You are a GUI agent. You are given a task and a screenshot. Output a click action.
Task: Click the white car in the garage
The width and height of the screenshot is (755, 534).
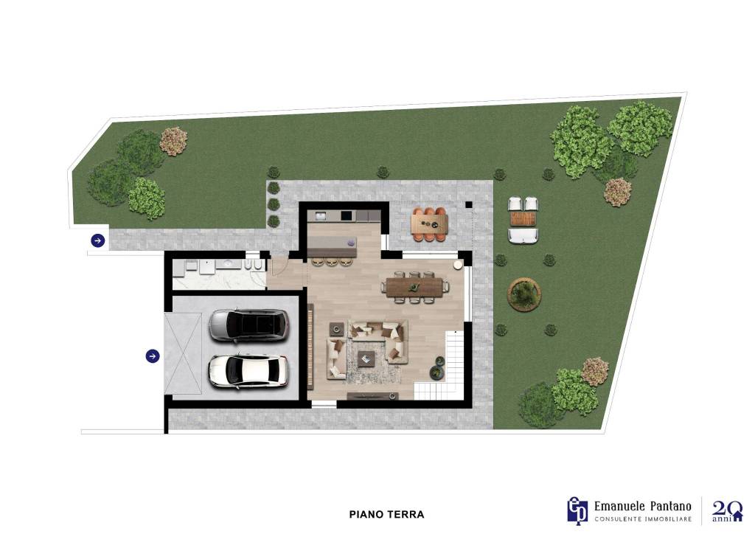click(248, 371)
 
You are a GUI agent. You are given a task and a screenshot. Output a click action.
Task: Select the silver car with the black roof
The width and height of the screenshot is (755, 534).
click(249, 325)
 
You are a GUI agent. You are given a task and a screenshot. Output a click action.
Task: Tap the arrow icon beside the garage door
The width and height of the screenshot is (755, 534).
click(153, 356)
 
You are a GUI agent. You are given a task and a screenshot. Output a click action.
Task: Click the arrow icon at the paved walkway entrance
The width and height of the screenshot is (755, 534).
click(98, 240)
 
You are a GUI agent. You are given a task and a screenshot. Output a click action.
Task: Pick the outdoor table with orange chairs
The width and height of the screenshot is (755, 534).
click(430, 224)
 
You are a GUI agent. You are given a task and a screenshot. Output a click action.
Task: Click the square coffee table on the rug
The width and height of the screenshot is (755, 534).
click(366, 358)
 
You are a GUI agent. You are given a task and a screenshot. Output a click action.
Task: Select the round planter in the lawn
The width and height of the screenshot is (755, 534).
click(525, 294)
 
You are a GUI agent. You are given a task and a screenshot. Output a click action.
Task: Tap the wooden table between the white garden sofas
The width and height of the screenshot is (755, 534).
click(523, 219)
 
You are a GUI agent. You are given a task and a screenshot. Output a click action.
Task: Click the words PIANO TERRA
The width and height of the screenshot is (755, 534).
click(386, 514)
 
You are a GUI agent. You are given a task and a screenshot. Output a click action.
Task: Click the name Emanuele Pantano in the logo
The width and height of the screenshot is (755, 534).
click(643, 506)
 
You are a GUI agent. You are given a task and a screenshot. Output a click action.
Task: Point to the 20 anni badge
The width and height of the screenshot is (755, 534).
click(726, 511)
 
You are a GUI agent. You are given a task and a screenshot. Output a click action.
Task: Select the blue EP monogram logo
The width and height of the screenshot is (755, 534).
click(577, 510)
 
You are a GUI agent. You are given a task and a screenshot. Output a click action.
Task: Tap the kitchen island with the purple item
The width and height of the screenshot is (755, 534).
click(332, 246)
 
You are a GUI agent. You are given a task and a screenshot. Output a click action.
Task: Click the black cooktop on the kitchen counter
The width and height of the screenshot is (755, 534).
click(347, 215)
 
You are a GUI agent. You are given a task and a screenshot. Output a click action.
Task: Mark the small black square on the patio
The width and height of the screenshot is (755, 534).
click(468, 204)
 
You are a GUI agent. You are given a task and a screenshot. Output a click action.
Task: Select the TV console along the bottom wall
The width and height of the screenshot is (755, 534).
click(372, 396)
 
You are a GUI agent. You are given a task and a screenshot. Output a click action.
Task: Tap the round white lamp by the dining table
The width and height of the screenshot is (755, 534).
click(458, 265)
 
